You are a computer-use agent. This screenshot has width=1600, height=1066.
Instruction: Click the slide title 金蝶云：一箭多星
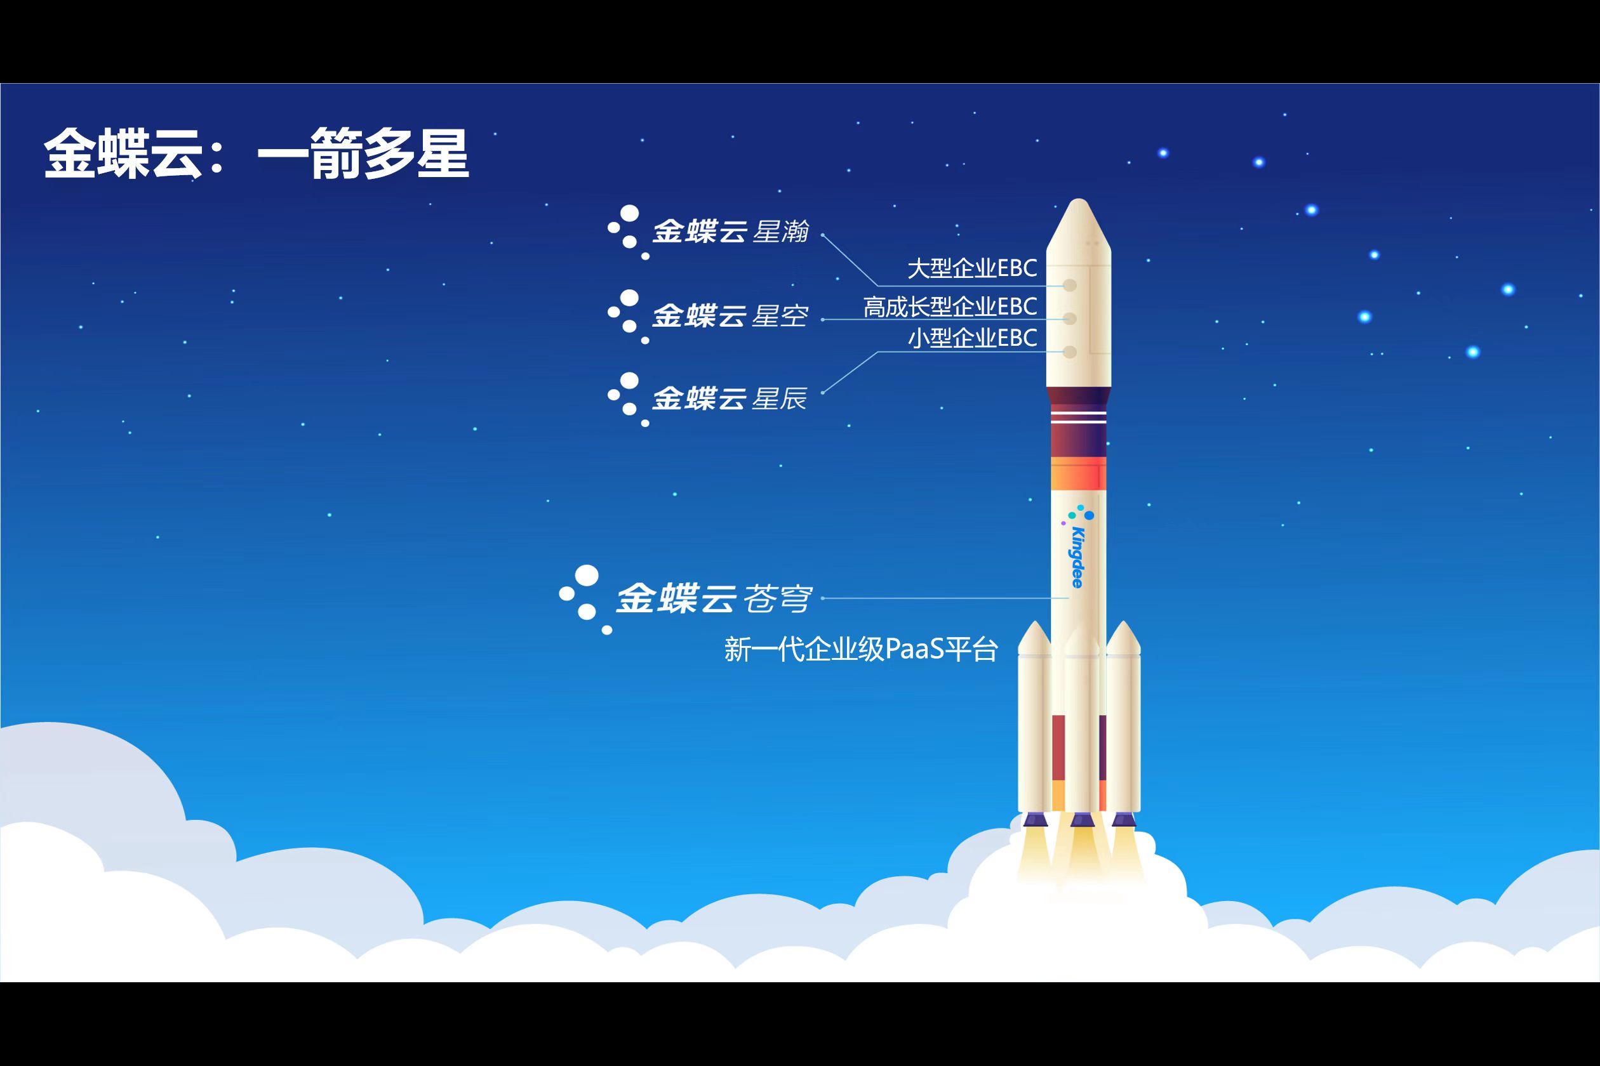coord(257,154)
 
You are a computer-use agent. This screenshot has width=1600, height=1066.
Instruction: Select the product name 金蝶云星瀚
coord(731,232)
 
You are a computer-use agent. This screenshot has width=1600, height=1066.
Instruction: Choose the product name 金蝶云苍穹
coord(714,598)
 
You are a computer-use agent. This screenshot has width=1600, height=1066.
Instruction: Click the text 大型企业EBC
coord(972,268)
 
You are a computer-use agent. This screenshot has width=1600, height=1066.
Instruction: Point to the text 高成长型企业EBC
coord(950,306)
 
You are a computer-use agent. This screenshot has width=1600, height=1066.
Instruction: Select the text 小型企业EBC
coord(972,338)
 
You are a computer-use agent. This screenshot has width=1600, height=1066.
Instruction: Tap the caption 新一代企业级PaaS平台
coord(861,649)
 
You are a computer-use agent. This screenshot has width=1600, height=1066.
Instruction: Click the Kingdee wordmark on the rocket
coord(1077,556)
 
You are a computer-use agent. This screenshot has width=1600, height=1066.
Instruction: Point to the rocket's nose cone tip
coord(1078,199)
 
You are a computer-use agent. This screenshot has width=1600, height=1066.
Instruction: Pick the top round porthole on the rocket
coord(1069,286)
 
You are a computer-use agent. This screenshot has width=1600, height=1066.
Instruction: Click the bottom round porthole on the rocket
coord(1069,352)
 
